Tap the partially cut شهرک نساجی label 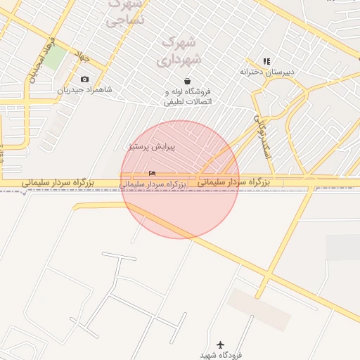pyautogui.click(x=125, y=13)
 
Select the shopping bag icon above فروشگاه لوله pyautogui.click(x=187, y=81)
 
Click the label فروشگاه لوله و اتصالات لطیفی pyautogui.click(x=188, y=96)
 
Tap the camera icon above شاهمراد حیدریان pyautogui.click(x=85, y=79)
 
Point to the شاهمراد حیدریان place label pyautogui.click(x=84, y=90)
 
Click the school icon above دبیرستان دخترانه pyautogui.click(x=266, y=62)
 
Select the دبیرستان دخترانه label pyautogui.click(x=267, y=72)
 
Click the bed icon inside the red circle pyautogui.click(x=153, y=173)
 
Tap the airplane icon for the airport pyautogui.click(x=221, y=345)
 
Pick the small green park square pyautogui.click(x=56, y=58)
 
